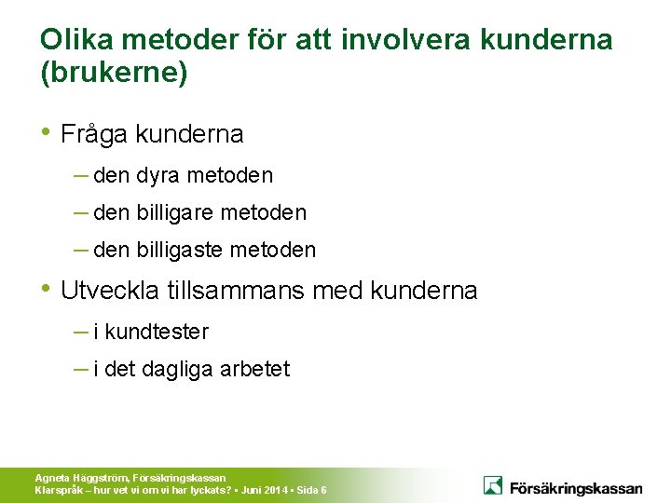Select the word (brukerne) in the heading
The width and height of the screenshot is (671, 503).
[x=114, y=74]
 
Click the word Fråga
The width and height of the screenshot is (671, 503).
[x=95, y=135]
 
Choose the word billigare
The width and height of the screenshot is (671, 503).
[x=176, y=212]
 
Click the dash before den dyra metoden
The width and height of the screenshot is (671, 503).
[x=80, y=174]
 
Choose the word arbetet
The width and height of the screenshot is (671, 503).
[x=255, y=369]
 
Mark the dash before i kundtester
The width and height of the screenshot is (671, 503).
[x=80, y=331]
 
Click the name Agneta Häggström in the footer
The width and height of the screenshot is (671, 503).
[x=81, y=478]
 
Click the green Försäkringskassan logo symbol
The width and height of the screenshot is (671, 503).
[x=493, y=485]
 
